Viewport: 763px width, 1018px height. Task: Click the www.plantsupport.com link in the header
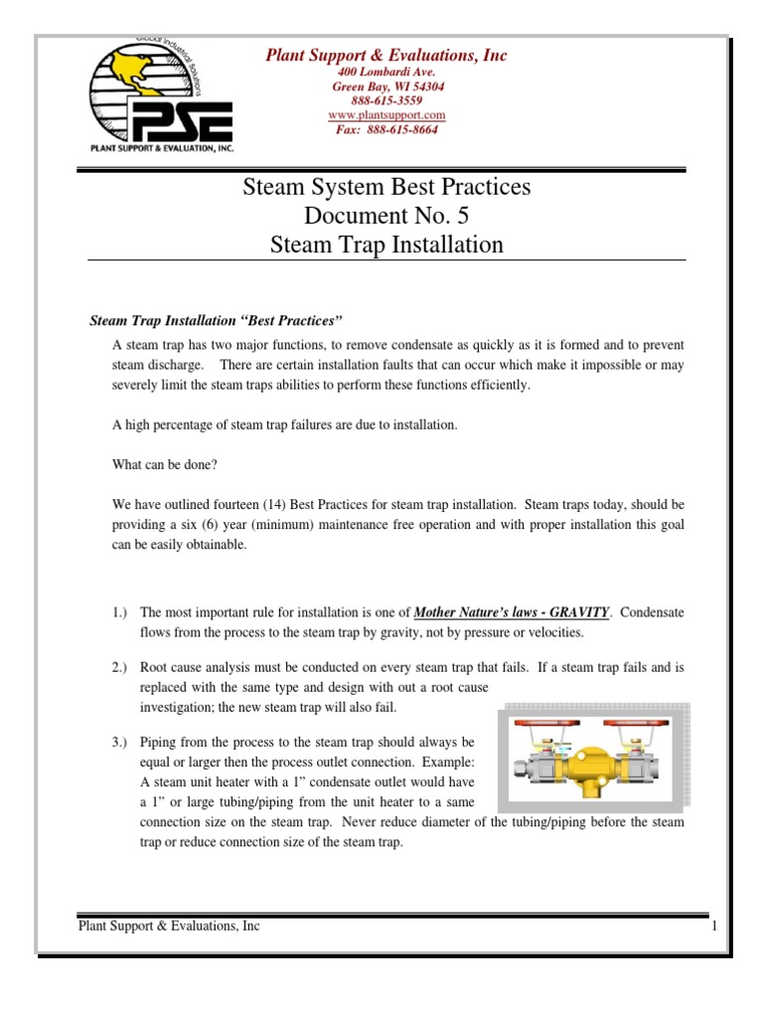pyautogui.click(x=386, y=115)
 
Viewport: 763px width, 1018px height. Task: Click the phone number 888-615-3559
pyautogui.click(x=386, y=100)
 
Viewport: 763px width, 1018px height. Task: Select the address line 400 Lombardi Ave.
pyautogui.click(x=386, y=73)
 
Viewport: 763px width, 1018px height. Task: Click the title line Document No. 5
pyautogui.click(x=386, y=215)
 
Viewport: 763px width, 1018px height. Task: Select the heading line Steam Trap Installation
pyautogui.click(x=386, y=244)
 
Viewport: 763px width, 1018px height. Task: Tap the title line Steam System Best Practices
pyautogui.click(x=386, y=186)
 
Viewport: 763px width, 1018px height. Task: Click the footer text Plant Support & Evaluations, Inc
pyautogui.click(x=169, y=927)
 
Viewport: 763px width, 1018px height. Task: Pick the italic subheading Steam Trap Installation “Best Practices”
pyautogui.click(x=216, y=320)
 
